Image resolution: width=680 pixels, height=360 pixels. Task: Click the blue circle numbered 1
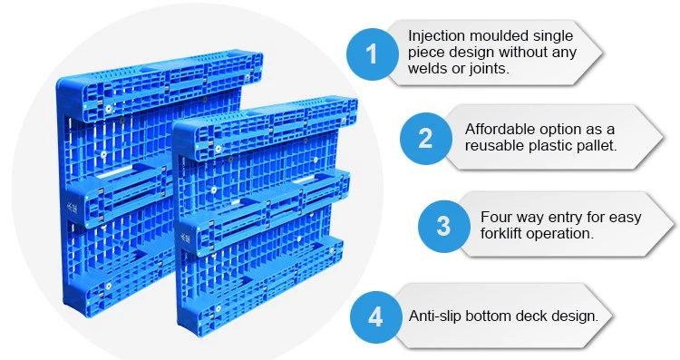coord(372,54)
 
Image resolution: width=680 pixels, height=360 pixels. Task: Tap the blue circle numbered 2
coord(426,139)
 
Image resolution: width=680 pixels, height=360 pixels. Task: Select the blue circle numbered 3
coord(444,226)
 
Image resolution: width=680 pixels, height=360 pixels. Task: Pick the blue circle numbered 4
coord(376,316)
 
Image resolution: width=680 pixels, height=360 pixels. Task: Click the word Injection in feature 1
coord(436,36)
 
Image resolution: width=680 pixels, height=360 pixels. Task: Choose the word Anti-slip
coord(435,316)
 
